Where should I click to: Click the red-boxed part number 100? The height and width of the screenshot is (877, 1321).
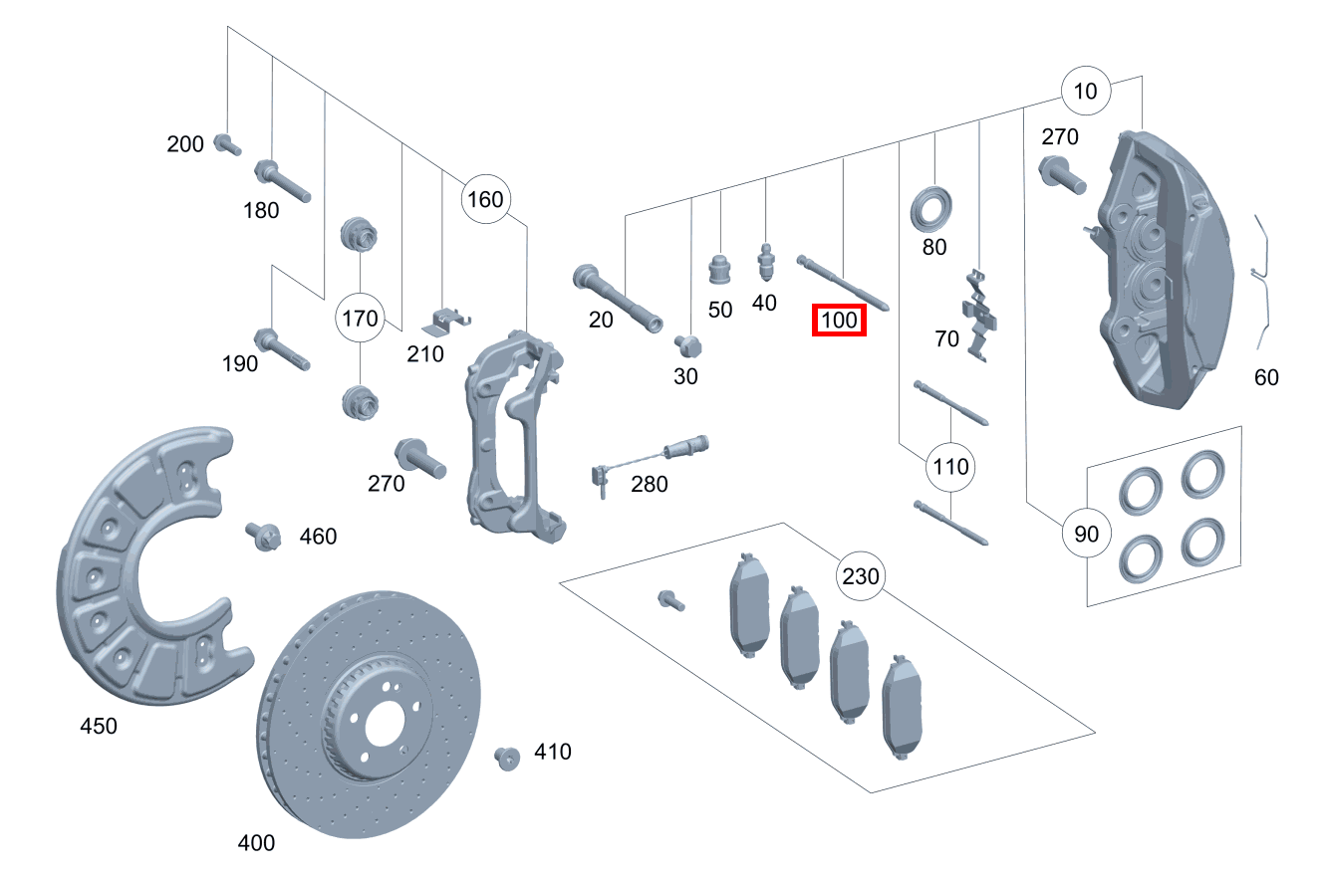839,321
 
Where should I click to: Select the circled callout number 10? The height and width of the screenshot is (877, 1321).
1086,92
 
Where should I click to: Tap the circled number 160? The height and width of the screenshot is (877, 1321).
485,199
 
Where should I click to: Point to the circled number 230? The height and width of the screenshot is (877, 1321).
861,576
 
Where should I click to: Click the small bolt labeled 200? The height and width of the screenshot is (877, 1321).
227,144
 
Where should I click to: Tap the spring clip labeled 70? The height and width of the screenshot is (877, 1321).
981,314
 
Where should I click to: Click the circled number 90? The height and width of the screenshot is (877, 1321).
1086,534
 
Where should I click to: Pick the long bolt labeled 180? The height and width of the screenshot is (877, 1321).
283,181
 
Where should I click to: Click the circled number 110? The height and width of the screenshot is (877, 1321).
950,466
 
